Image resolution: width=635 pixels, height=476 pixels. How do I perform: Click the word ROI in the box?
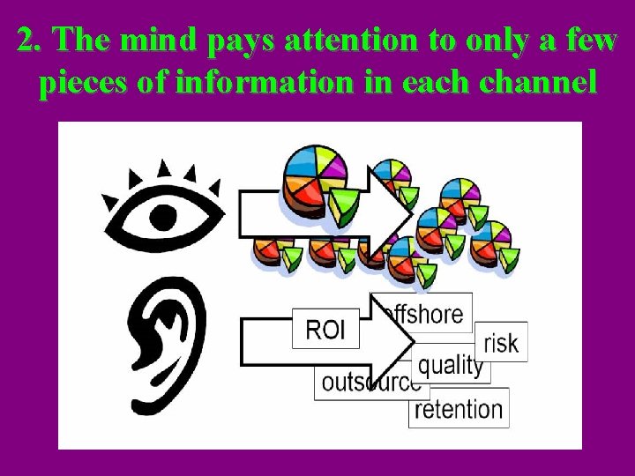click(325, 331)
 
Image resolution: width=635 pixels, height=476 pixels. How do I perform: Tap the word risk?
click(501, 342)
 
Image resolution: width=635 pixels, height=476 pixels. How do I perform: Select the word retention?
click(459, 409)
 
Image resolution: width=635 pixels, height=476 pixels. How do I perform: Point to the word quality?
click(451, 365)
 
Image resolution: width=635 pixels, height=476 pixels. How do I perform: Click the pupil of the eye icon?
click(164, 216)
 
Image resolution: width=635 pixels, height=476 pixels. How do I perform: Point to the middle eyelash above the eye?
click(164, 168)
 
